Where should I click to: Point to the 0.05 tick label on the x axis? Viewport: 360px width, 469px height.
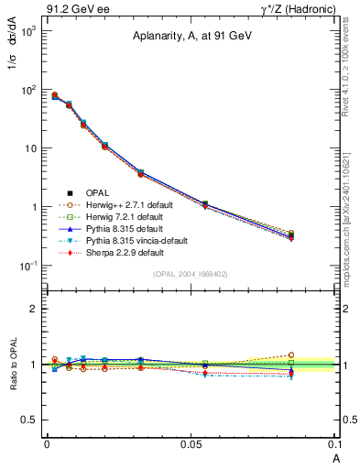coord(191,443)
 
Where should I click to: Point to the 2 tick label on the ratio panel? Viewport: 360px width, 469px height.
coord(32,309)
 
